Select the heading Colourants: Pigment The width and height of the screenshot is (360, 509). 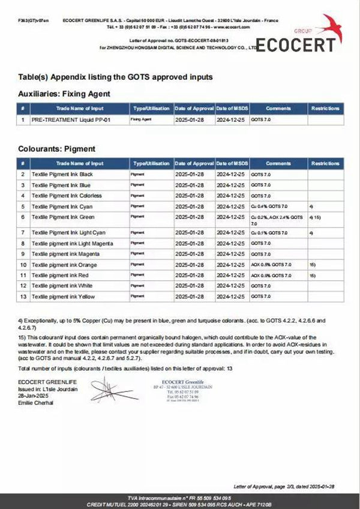pos(58,148)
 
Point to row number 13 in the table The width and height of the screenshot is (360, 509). pos(23,297)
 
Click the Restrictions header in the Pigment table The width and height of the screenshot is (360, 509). pos(326,163)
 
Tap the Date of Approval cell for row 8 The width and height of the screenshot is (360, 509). pos(194,243)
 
